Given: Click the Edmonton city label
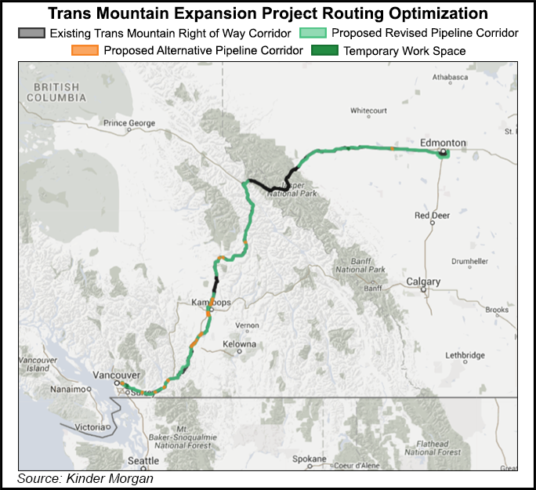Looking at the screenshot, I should (443, 143).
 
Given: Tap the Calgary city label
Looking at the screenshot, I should (423, 281).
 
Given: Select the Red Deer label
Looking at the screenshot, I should (433, 215).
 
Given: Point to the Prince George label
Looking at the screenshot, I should (130, 123).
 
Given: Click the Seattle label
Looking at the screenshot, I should (143, 459).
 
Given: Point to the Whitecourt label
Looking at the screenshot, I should (370, 111).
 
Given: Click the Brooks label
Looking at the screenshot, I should (497, 310).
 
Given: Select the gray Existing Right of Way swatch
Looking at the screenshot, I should (32, 33).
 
